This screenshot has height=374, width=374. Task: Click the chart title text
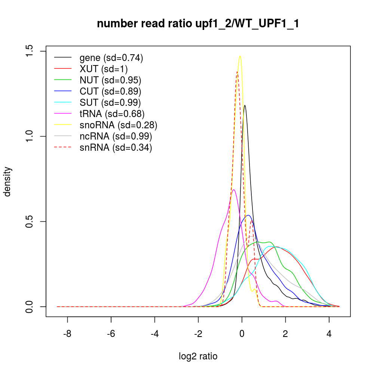coord(198,24)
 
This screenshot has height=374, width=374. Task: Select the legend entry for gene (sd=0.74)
coord(111,58)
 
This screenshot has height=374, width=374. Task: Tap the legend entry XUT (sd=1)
coord(104,69)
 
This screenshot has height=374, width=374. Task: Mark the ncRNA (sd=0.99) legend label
coord(116,136)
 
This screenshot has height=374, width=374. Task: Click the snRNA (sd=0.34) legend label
coord(116,147)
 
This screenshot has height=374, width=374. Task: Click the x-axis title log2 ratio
coord(198,356)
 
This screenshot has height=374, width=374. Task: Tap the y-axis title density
coord(8,181)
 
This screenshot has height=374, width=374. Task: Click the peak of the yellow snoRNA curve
coord(240,56)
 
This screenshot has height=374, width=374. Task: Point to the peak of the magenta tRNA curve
coord(234,190)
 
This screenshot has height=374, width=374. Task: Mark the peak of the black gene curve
coord(245,105)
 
